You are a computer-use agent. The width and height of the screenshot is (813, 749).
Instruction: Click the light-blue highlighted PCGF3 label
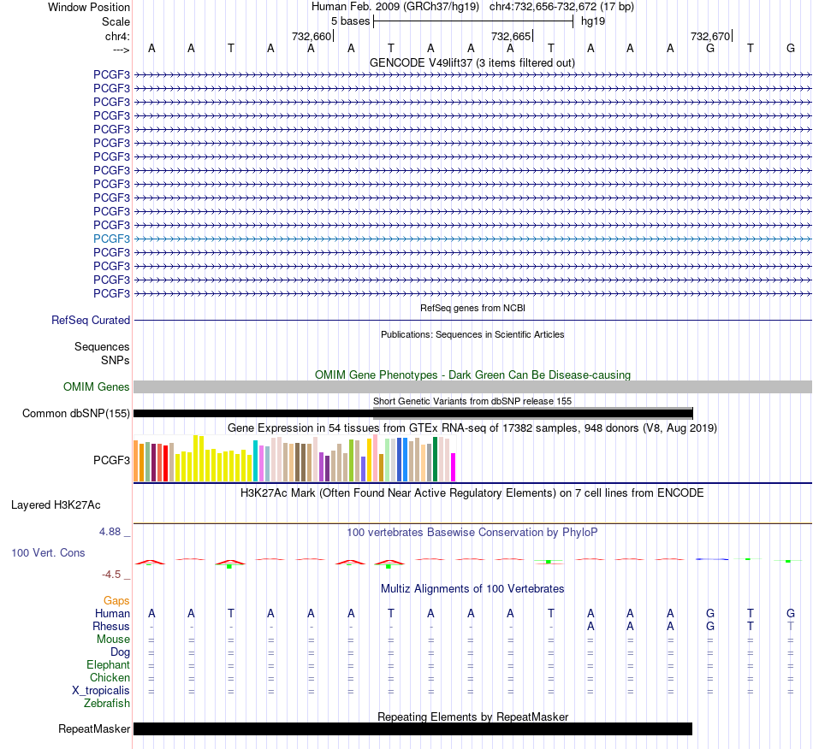111,239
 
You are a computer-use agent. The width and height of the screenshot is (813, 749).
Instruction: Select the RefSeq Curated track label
91,320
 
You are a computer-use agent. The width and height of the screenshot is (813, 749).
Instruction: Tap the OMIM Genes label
97,387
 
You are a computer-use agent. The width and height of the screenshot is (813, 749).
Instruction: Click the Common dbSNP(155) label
76,413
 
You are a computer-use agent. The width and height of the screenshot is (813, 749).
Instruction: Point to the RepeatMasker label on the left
94,728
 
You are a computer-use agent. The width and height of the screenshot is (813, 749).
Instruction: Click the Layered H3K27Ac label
56,505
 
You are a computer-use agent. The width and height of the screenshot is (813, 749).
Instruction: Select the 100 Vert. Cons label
48,552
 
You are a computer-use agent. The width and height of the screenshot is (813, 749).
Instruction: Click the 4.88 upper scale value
110,532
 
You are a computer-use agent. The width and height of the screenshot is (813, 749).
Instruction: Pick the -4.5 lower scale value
111,574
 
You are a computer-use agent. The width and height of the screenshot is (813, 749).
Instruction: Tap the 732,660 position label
312,36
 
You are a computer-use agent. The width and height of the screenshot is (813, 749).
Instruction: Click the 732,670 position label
709,36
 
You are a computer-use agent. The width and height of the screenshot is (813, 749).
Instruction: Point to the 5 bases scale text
351,21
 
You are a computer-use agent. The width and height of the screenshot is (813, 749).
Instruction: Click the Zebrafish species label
107,704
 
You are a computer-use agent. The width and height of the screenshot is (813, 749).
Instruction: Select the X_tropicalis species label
101,691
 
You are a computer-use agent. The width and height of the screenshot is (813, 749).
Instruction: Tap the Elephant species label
109,664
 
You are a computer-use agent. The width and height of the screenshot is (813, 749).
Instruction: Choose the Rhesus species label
111,626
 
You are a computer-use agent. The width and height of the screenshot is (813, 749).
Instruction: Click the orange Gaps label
116,600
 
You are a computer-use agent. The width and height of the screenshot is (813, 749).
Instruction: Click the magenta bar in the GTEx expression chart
454,467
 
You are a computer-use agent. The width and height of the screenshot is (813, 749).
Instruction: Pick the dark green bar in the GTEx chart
435,459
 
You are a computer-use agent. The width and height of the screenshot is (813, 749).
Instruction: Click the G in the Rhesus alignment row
710,626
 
